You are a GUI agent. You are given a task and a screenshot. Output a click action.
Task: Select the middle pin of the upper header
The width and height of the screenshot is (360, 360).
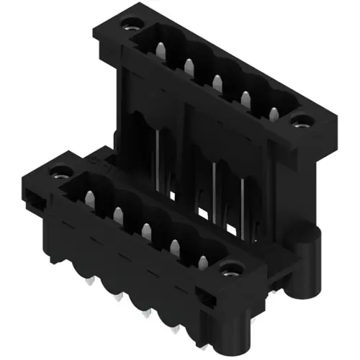tap(217, 79)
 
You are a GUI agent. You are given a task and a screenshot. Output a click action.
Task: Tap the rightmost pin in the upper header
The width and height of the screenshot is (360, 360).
tap(274, 112)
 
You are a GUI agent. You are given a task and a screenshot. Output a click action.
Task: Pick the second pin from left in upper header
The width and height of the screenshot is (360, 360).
tap(188, 65)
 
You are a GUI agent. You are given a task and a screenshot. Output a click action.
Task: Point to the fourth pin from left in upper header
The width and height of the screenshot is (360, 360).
tap(246, 96)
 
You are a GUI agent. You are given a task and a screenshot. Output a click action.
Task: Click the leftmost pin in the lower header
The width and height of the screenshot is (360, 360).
tap(89, 197)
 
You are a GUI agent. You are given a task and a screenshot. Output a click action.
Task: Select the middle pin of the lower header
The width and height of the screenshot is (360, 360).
tap(146, 230)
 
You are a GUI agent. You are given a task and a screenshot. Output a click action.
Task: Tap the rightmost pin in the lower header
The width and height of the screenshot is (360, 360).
tap(203, 262)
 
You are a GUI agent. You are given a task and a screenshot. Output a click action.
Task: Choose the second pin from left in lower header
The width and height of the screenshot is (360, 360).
tap(117, 214)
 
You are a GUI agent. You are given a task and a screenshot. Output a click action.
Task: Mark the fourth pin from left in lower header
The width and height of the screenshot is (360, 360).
tap(175, 246)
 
